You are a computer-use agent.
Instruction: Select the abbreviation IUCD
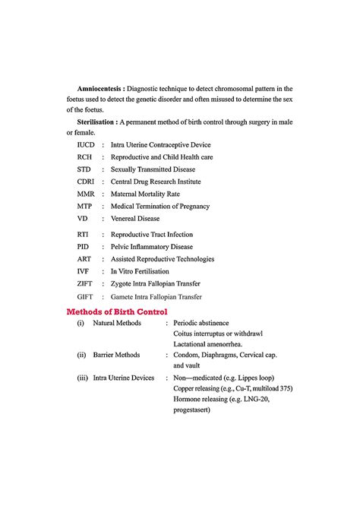pyautogui.click(x=87, y=144)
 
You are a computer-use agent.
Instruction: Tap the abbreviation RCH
pyautogui.click(x=85, y=156)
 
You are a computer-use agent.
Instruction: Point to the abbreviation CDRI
pyautogui.click(x=87, y=182)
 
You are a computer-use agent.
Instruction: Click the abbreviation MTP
pyautogui.click(x=85, y=206)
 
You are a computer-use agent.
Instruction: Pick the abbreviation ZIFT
pyautogui.click(x=86, y=283)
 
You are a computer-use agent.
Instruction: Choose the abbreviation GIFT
pyautogui.click(x=86, y=296)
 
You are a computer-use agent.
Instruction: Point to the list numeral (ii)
pyautogui.click(x=81, y=354)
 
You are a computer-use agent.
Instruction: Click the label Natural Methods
pyautogui.click(x=117, y=324)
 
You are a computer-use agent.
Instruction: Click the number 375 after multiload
pyautogui.click(x=284, y=388)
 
